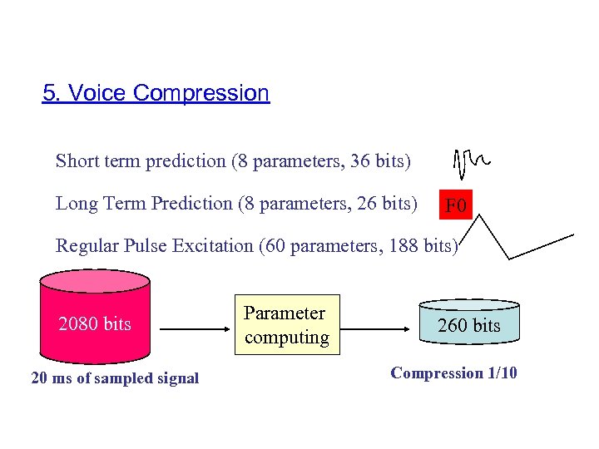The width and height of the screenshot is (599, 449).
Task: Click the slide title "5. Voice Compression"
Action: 156,93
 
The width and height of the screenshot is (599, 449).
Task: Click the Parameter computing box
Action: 286,325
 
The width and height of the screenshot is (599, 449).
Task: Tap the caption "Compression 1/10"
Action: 453,373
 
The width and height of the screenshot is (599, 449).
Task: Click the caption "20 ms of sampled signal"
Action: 115,378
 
